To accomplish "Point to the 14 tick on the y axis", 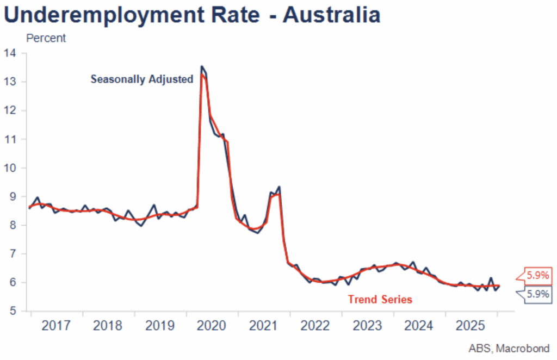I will (10, 53).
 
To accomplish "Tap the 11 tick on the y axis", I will (10, 139).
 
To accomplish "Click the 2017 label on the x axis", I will (56, 326).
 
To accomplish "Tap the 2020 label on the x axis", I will (212, 326).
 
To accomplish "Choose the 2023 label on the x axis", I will (367, 326).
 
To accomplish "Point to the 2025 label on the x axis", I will (471, 326).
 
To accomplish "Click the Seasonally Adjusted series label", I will (142, 79).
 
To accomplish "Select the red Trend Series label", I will (380, 299).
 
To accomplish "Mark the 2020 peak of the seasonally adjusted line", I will (202, 67).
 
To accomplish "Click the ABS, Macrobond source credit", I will (509, 348).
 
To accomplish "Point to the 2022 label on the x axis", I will (315, 326).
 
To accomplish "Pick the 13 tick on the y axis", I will (10, 82).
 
